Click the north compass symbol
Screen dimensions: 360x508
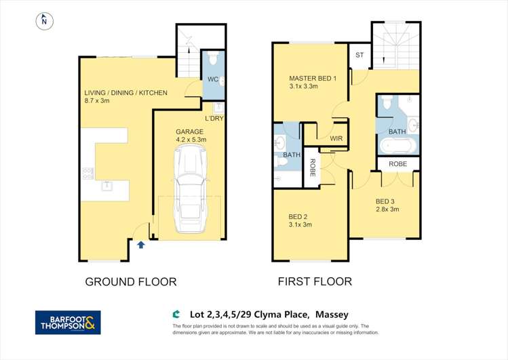[44, 21]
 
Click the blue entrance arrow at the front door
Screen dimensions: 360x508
[140, 245]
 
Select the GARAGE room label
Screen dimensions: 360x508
[190, 132]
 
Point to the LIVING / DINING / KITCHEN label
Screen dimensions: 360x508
[125, 93]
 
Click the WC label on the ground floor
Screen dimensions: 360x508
[212, 80]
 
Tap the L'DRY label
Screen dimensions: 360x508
[214, 119]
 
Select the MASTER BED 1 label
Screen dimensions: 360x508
[313, 79]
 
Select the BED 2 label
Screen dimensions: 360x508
[299, 216]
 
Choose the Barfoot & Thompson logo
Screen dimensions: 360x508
[68, 323]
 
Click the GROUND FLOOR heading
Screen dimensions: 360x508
[130, 281]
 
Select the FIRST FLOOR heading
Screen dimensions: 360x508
[315, 281]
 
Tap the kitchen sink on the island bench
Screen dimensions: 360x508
[107, 185]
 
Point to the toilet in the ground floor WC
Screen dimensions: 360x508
[213, 61]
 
